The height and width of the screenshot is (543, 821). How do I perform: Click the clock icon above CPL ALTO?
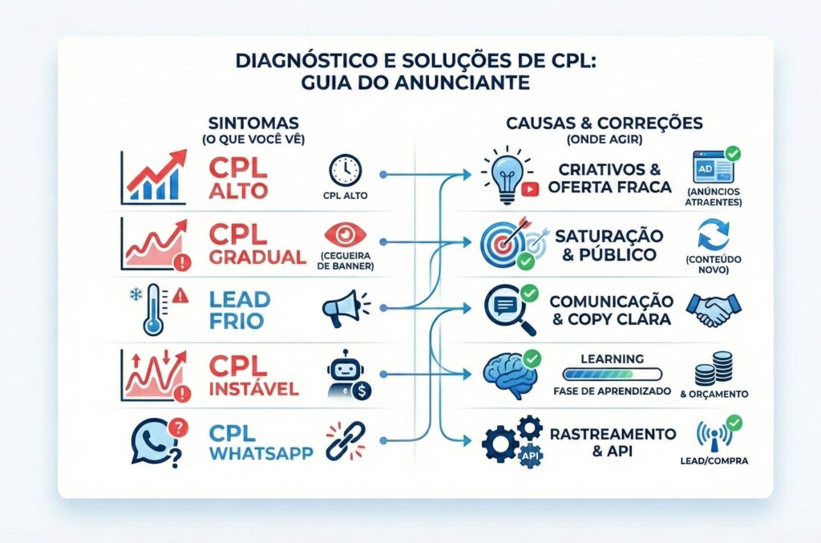[345, 170]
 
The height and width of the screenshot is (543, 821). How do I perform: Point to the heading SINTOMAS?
[253, 123]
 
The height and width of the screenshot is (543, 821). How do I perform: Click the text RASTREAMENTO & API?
[612, 442]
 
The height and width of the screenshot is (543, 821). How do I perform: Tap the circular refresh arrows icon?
[713, 238]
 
